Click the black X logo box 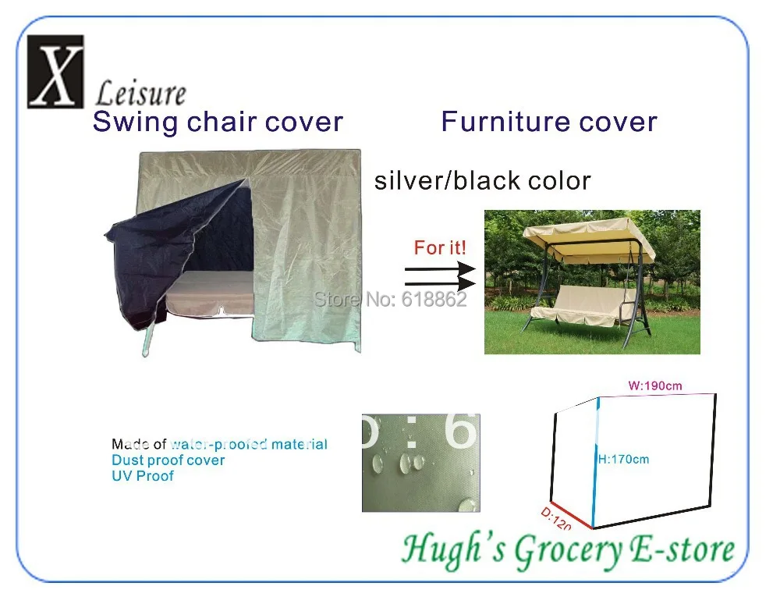(55, 71)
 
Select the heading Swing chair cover (218, 122)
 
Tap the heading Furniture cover (548, 122)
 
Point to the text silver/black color (482, 180)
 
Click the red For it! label (440, 248)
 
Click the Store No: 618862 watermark (390, 298)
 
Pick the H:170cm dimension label (623, 459)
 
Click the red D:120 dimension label (556, 519)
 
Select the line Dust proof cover (168, 460)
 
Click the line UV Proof (143, 476)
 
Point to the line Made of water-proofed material (219, 445)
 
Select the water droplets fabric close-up (421, 463)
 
